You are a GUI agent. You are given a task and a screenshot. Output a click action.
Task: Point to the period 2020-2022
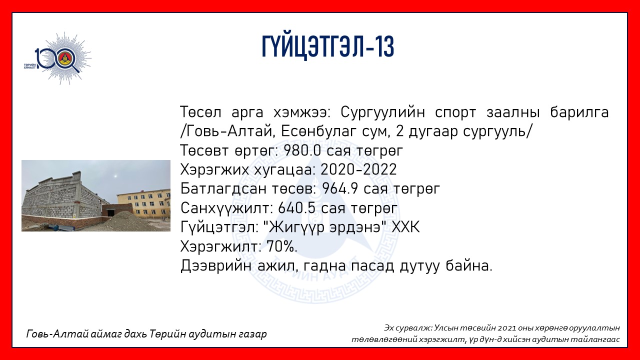[359, 169]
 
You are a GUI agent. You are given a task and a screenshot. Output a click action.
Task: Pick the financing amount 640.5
[297, 208]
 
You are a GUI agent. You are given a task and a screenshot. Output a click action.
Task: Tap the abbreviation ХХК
[405, 227]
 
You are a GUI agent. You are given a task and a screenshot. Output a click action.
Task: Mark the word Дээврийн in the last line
[216, 266]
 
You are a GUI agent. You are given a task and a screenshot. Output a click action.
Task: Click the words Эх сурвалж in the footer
[408, 327]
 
